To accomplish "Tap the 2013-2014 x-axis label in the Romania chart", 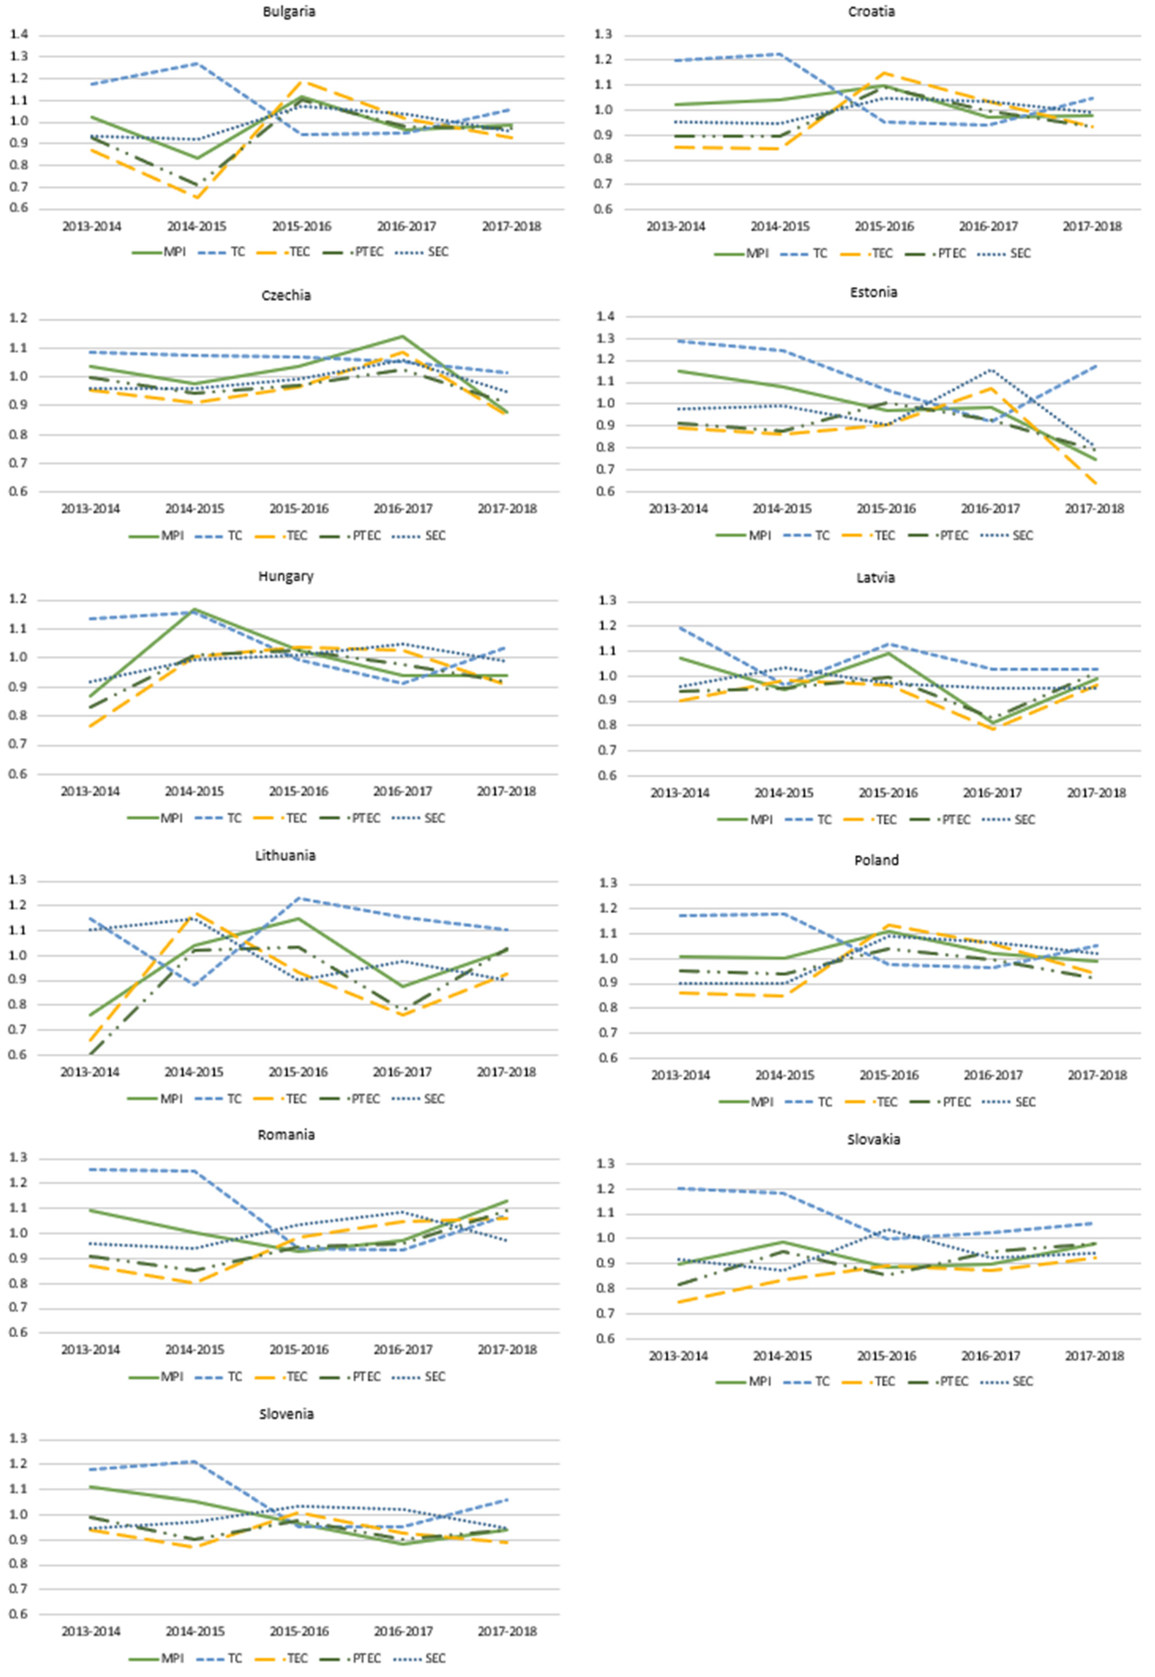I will tap(91, 1349).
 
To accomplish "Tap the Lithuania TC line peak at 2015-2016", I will tap(298, 898).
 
